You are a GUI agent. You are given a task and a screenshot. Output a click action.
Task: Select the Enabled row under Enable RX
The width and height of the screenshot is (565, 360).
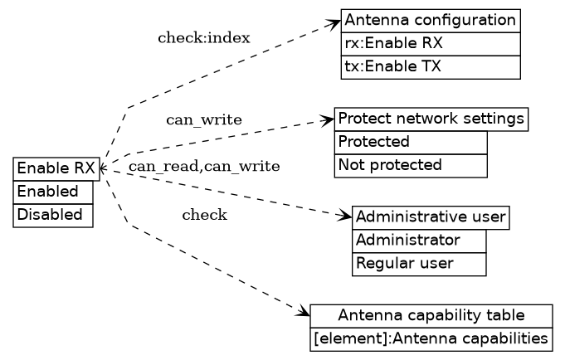[x=53, y=192]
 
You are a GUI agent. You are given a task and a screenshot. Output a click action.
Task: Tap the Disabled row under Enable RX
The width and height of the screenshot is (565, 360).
[x=53, y=215]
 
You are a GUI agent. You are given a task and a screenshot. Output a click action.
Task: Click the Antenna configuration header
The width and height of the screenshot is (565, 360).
[x=430, y=20]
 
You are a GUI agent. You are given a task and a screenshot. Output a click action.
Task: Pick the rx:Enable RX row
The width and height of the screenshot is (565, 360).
[x=430, y=43]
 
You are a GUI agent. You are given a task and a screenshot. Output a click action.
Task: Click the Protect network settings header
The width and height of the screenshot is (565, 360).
[x=431, y=119]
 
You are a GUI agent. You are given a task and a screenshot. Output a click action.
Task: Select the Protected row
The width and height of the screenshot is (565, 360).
[x=411, y=142]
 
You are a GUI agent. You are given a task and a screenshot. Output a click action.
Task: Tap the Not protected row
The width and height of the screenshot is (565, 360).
[x=411, y=165]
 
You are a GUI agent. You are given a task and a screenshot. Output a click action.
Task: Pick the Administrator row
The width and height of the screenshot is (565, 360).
[x=419, y=241]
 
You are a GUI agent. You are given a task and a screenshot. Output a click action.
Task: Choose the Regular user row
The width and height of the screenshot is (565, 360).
[x=419, y=264]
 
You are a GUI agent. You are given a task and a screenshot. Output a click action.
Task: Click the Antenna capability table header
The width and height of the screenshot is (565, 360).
[x=431, y=315]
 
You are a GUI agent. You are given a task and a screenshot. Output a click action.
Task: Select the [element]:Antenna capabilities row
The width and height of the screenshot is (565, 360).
[x=431, y=338]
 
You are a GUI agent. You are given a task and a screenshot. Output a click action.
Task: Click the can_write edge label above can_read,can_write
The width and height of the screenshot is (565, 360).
[x=204, y=120]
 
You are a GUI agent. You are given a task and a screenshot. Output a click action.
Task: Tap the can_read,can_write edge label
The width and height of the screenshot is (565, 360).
[x=204, y=167]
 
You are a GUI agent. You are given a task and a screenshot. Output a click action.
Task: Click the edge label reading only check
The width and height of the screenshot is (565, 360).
[x=204, y=216]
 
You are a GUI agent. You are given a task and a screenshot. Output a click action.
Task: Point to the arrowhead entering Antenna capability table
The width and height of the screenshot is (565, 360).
[x=304, y=313]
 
